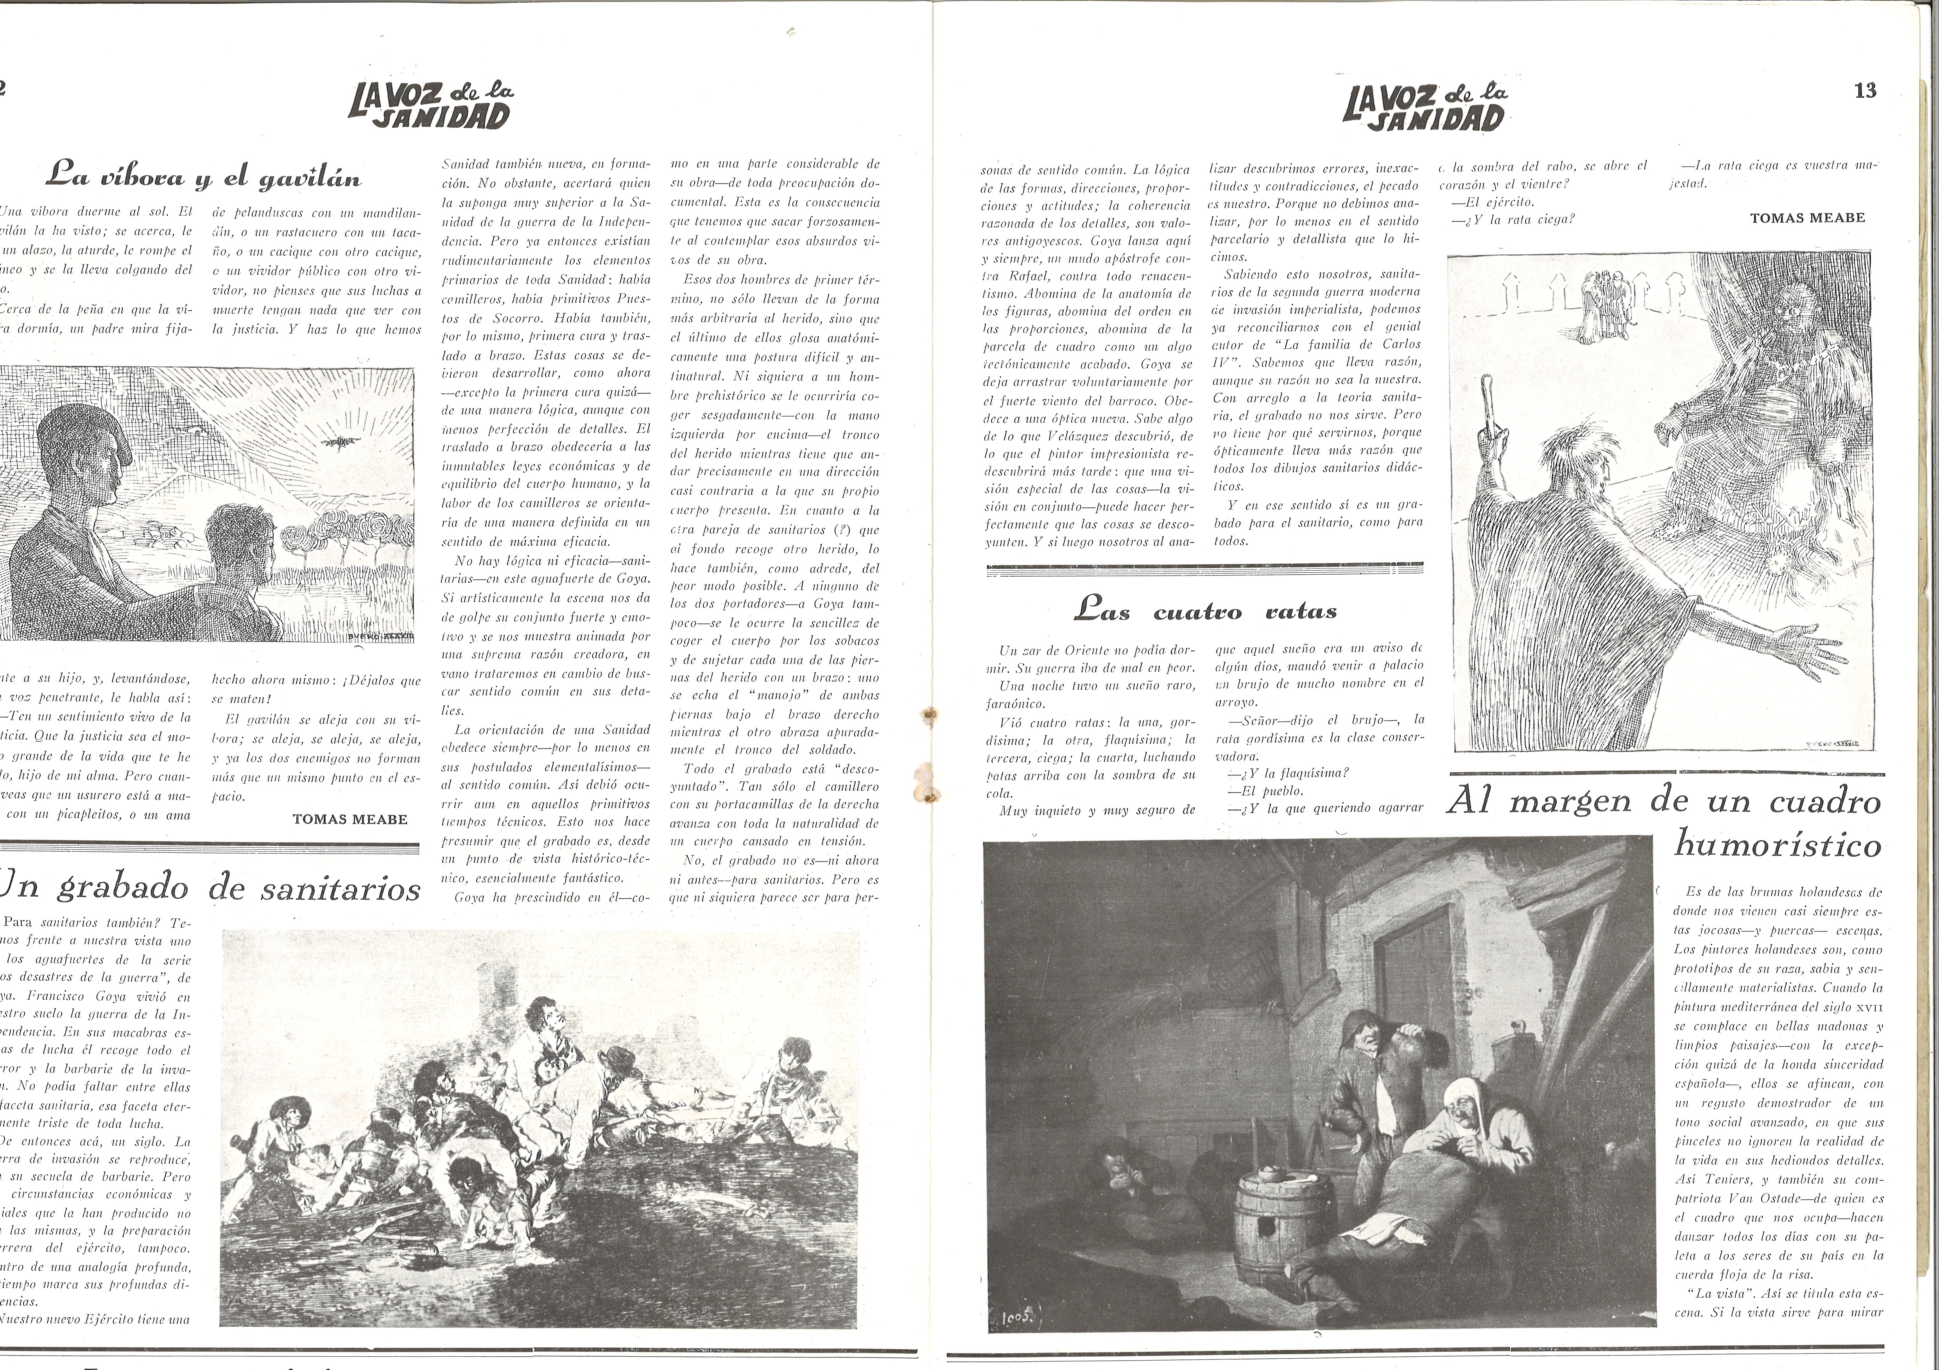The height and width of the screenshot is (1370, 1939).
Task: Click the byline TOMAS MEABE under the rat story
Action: tap(1807, 218)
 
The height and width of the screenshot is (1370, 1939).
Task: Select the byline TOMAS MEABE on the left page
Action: tap(349, 819)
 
